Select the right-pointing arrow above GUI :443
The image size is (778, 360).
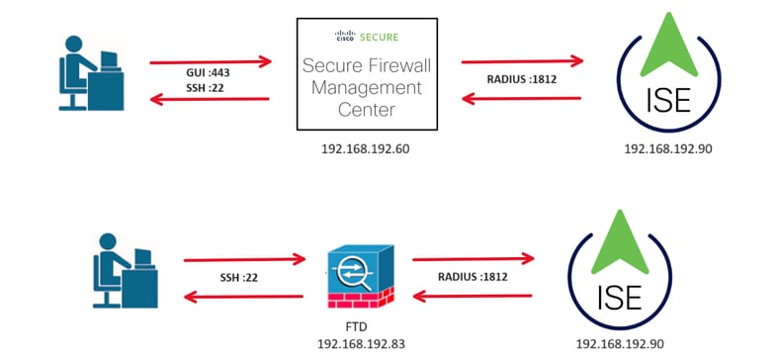[210, 61]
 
